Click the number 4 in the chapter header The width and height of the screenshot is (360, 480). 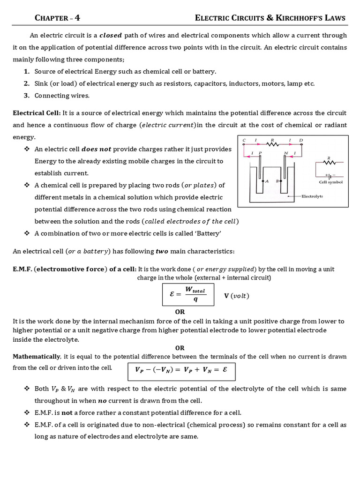77,18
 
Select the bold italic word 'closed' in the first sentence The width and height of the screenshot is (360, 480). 110,35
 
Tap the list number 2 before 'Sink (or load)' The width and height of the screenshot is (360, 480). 26,83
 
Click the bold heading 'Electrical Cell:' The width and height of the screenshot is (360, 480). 37,113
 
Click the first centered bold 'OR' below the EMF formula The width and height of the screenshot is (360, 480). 180,312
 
